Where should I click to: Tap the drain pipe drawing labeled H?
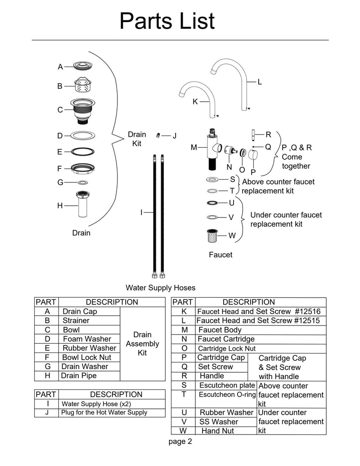tap(82, 204)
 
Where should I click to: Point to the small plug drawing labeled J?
tap(158, 135)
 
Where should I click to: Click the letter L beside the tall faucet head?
tap(260, 82)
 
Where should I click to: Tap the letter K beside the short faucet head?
tap(195, 102)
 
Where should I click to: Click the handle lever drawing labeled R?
tap(253, 135)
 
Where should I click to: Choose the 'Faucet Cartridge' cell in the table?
tap(226, 339)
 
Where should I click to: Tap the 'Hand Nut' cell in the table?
tap(217, 431)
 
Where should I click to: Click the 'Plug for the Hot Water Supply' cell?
tap(104, 412)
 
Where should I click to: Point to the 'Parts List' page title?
tap(167, 21)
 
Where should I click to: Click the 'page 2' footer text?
tap(180, 442)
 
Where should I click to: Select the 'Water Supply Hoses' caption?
tap(160, 287)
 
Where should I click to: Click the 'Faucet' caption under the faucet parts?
tap(220, 255)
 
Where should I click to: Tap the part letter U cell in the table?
tap(184, 412)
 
